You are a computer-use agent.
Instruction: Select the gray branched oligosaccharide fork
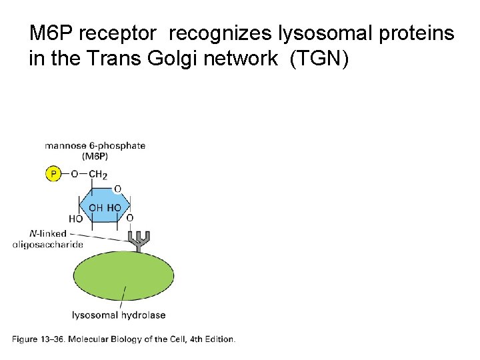click(x=139, y=241)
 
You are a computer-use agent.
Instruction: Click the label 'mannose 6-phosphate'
click(x=95, y=146)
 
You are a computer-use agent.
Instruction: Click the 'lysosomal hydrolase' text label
click(x=119, y=315)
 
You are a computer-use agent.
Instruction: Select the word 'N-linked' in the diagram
click(x=47, y=233)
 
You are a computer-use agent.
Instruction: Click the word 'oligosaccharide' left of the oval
click(x=48, y=245)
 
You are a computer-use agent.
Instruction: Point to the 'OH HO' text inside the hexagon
click(x=105, y=207)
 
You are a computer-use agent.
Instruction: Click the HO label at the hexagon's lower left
click(x=75, y=219)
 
